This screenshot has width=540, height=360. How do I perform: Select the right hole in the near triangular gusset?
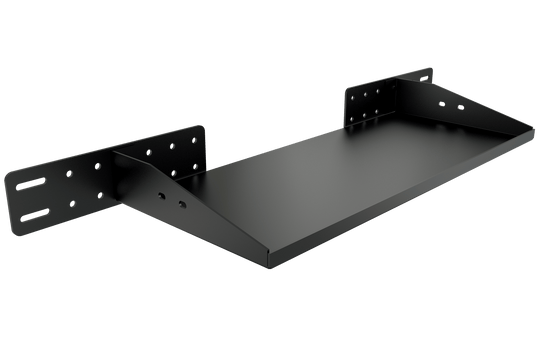(182, 203)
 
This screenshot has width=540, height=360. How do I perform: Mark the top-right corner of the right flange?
(431, 70)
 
